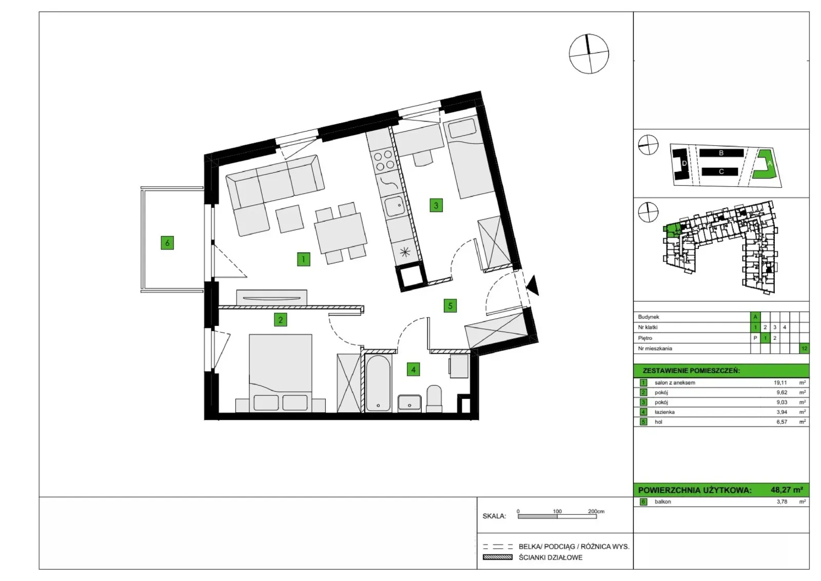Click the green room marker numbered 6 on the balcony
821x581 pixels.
167,243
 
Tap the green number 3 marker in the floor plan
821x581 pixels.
436,205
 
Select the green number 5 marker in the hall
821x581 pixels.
450,306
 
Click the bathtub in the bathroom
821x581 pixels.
378,382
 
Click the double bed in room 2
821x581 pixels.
280,373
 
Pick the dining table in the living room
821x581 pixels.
341,233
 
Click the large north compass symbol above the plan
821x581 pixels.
589,54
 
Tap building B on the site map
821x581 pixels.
721,153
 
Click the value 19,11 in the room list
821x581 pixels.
780,382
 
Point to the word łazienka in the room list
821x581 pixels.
664,412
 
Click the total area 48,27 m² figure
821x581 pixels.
787,490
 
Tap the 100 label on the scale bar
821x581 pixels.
557,511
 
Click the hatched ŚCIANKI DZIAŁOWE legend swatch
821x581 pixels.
498,557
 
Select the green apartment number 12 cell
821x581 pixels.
804,348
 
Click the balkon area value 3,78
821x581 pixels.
782,501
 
